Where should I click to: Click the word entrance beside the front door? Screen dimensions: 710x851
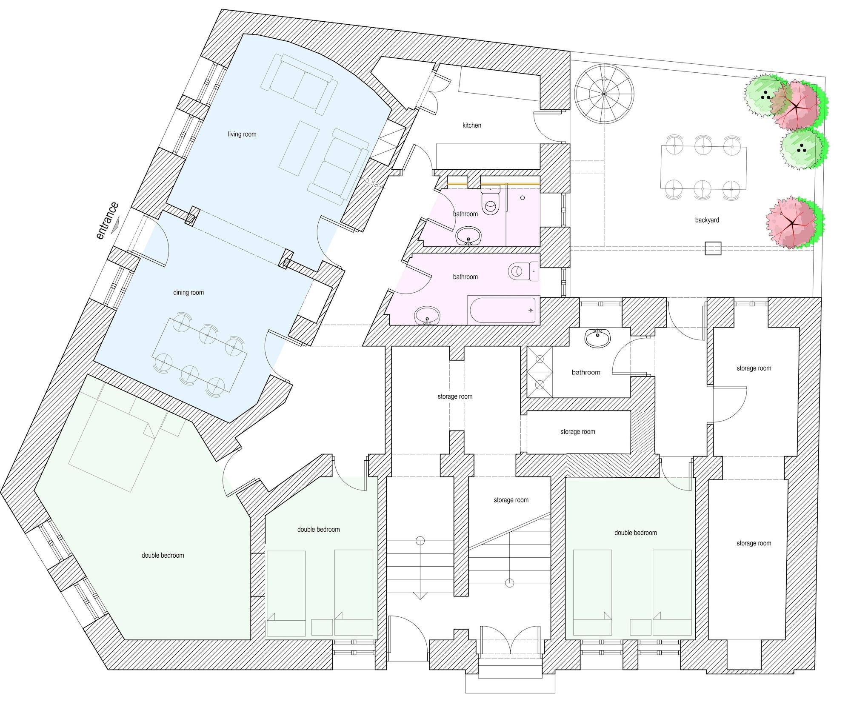107,221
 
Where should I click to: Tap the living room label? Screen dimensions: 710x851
242,134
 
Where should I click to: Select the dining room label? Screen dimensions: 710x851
188,293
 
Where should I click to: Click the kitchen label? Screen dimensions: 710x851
472,125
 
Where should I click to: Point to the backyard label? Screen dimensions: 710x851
707,220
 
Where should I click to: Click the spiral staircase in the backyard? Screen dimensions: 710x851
604,94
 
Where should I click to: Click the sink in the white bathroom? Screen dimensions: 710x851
598,338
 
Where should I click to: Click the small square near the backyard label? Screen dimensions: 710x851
713,248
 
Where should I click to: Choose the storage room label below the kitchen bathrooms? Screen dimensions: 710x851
455,397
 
